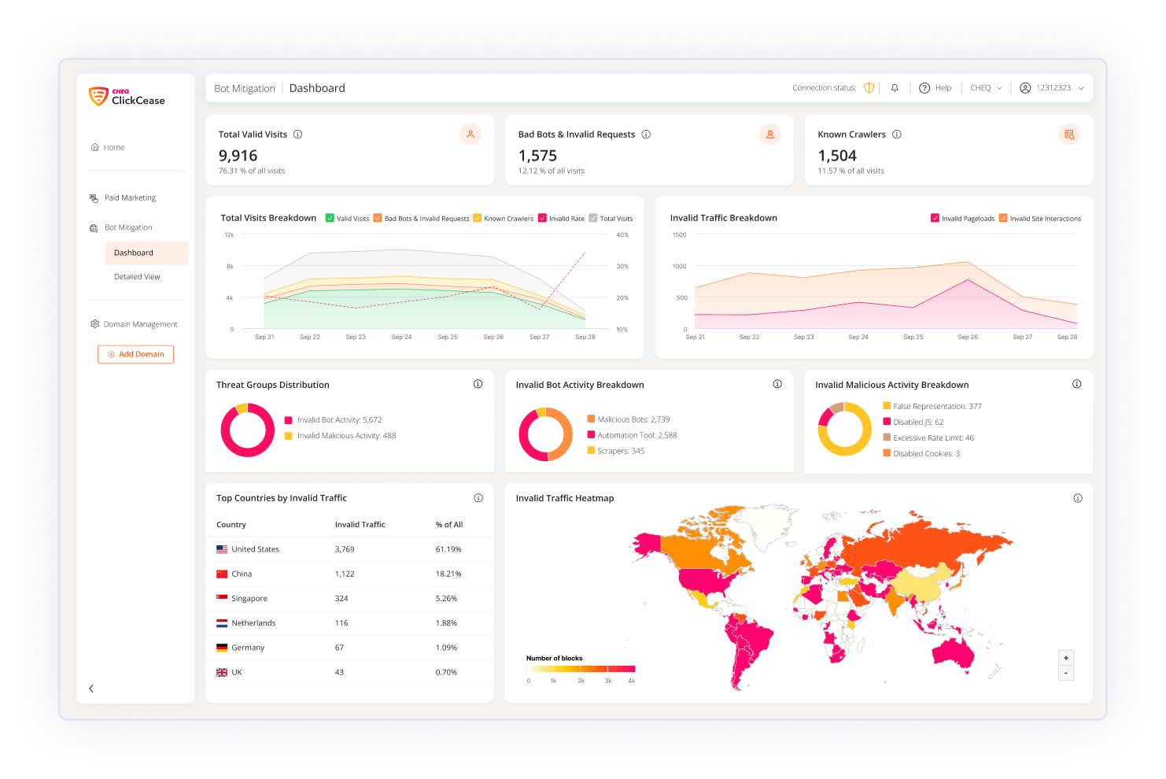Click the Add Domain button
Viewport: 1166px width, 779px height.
point(135,354)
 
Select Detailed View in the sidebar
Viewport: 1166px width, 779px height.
point(137,277)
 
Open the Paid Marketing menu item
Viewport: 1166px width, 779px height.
point(130,198)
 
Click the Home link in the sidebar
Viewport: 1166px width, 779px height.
point(113,148)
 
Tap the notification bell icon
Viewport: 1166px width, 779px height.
point(895,88)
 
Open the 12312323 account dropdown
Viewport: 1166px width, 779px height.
point(1052,88)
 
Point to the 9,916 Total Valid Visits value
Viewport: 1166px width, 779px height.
point(238,156)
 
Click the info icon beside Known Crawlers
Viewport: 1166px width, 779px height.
point(897,135)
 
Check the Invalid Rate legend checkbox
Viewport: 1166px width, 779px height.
point(542,219)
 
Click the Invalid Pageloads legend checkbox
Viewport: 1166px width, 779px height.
point(935,219)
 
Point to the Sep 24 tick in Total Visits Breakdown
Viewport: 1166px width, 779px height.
point(401,337)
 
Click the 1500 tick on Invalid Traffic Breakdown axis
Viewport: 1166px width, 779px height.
point(679,234)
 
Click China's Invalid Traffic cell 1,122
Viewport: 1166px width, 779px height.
point(345,574)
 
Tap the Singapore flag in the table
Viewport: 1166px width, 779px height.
point(222,598)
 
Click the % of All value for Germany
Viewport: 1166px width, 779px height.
point(446,648)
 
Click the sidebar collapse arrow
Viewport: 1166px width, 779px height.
point(91,689)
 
